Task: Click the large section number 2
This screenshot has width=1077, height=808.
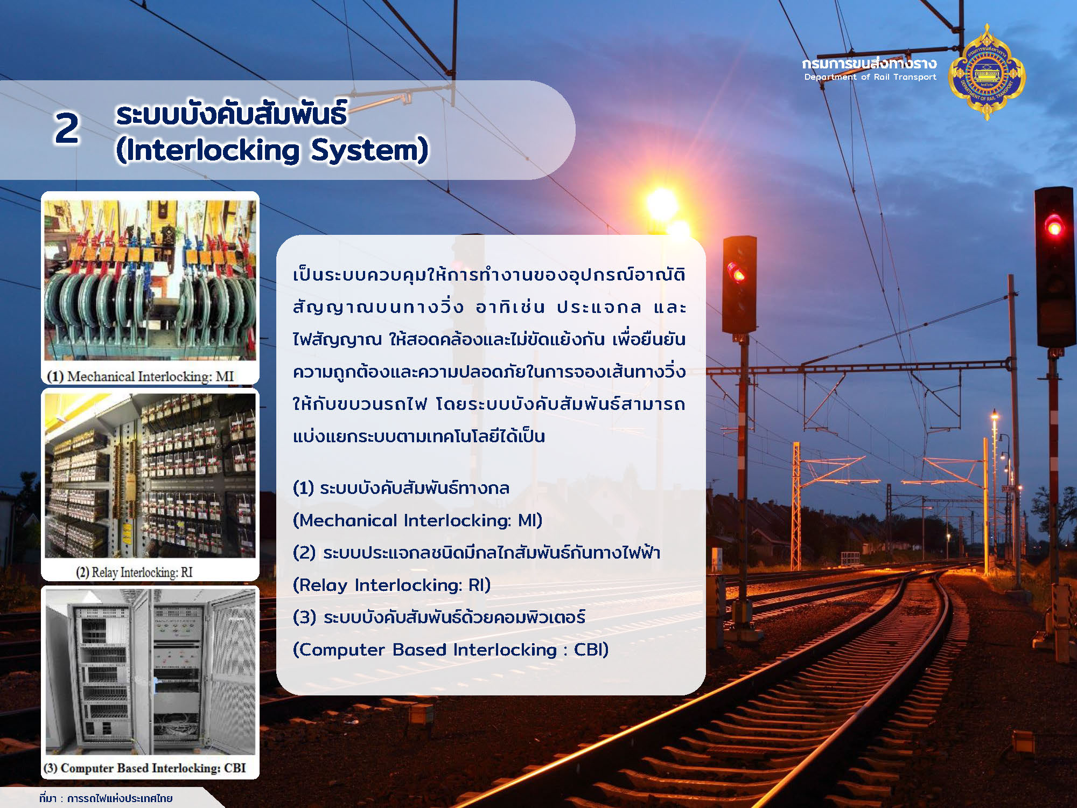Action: pos(67,129)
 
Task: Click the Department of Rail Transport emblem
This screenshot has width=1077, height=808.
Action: pos(987,72)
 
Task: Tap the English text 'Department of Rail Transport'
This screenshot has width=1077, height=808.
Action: pos(870,77)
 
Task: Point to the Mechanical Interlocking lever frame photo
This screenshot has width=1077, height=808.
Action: pos(150,280)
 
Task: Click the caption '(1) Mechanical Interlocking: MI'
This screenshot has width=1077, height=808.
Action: pos(141,376)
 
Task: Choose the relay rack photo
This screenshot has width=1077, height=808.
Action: pos(150,475)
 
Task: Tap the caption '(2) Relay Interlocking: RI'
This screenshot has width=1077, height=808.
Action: pos(134,572)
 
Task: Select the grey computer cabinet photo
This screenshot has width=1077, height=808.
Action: pos(150,672)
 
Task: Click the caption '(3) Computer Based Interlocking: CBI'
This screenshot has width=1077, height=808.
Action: pos(145,768)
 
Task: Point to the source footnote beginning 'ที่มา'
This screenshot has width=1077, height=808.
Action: pos(106,798)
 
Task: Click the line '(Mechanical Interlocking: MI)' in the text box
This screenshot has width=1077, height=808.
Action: pos(417,520)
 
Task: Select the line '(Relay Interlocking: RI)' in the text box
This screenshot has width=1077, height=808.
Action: pos(391,585)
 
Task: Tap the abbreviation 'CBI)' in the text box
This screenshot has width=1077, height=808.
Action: pos(591,650)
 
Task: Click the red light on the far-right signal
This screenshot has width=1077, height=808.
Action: pos(1053,226)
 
